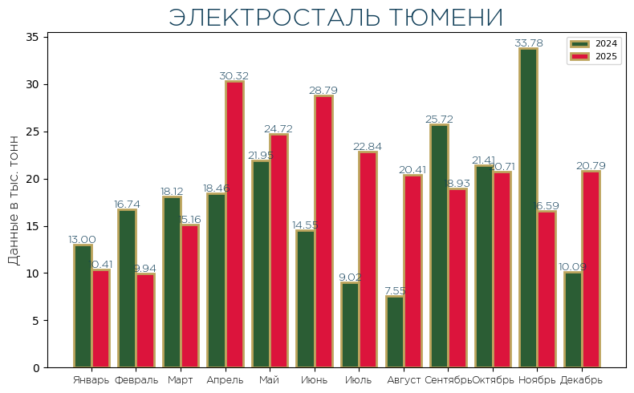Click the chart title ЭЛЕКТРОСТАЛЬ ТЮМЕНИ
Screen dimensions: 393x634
click(335, 18)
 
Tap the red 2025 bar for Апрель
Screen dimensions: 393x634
click(234, 225)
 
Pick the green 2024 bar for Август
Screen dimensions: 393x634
click(394, 332)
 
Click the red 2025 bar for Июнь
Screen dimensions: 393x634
click(323, 232)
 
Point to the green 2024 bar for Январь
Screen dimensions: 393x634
click(83, 306)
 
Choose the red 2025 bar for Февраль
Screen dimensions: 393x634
click(145, 321)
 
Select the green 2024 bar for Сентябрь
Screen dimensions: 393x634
click(439, 246)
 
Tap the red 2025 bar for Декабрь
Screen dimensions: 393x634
click(591, 269)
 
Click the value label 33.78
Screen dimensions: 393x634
click(528, 43)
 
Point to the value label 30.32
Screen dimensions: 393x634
click(234, 76)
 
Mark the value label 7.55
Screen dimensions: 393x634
click(394, 291)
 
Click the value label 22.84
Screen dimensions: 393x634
click(368, 147)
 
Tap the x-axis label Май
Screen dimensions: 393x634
click(269, 379)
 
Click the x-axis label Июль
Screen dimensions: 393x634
click(358, 379)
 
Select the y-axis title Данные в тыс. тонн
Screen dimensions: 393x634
click(14, 201)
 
